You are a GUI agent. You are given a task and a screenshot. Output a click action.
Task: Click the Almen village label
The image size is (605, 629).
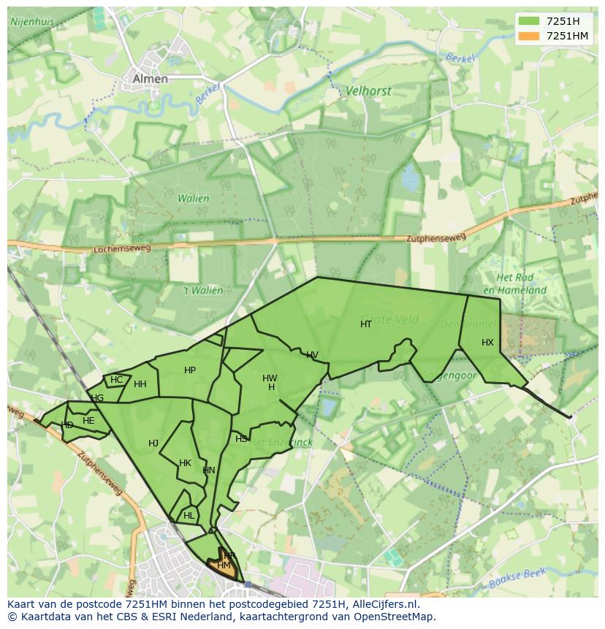150,79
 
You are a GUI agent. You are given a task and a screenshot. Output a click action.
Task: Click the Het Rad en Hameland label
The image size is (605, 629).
521,284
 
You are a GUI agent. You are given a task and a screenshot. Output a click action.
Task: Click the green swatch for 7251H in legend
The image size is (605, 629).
528,21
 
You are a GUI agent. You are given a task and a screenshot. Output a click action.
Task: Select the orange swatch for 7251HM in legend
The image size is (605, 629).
528,36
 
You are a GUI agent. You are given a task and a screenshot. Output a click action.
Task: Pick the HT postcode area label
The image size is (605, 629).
366,324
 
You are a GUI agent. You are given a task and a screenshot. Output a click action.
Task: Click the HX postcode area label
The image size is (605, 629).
487,342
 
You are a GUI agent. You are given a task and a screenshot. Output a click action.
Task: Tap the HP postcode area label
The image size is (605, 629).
190,370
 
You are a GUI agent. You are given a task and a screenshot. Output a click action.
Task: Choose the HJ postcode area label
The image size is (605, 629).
153,443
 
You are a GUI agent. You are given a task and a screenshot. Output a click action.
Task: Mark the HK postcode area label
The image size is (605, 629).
185,462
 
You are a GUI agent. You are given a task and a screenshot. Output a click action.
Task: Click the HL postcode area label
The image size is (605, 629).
189,515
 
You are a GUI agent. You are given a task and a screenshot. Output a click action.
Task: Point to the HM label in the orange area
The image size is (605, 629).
224,565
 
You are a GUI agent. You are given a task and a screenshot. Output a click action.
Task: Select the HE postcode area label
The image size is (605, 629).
88,421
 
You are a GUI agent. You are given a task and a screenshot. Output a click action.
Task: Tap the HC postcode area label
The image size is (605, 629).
116,379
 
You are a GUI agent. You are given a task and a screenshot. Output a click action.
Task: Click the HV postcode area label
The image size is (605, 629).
312,355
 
